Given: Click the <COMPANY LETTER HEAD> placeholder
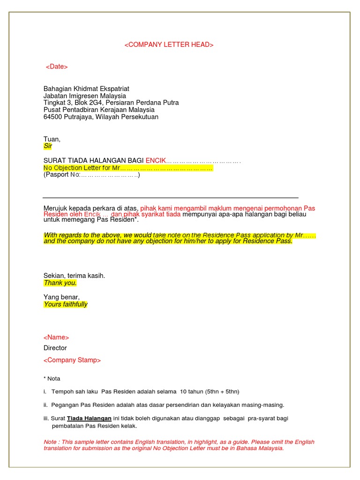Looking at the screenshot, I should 169,45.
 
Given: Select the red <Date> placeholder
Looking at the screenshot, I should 57,67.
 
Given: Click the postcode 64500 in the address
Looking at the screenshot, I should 52,117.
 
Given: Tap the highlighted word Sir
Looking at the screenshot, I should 48,146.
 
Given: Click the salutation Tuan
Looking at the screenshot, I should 52,139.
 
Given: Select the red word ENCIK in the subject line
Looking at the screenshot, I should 156,161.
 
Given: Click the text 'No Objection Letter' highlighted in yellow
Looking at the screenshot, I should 70,168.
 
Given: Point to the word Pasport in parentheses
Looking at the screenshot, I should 58,175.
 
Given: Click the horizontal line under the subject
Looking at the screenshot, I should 171,198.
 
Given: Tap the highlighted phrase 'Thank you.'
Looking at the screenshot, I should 60,283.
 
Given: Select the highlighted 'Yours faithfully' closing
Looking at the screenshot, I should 66,304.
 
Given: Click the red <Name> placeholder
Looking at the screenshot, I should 56,337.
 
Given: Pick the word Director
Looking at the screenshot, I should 55,348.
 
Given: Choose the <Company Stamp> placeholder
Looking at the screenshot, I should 72,360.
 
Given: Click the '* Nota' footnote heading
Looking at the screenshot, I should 52,379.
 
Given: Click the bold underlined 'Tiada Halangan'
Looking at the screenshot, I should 89,418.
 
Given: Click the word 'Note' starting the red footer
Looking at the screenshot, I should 49,442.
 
